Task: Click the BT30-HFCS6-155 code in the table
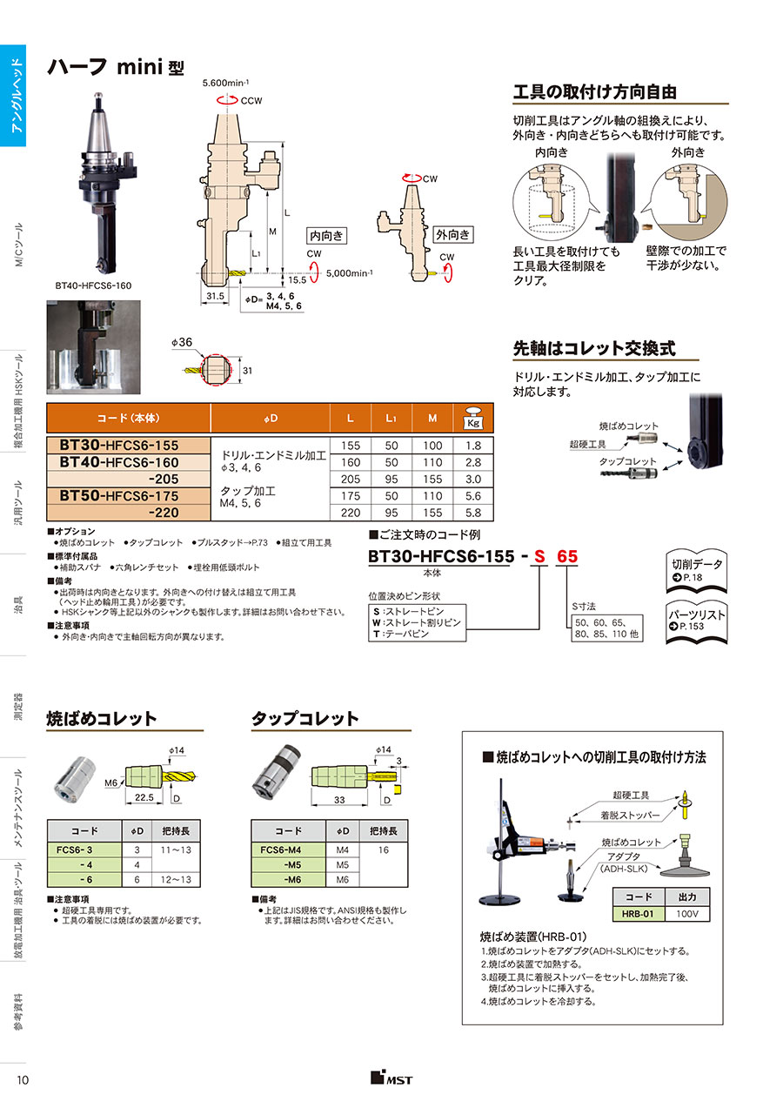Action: coord(118,445)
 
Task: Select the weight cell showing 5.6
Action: coord(473,495)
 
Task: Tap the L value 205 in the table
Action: coord(351,479)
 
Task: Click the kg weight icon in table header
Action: coord(473,418)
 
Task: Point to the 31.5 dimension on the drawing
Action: coord(215,296)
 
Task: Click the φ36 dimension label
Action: coord(182,342)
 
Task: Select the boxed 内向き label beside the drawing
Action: coord(326,236)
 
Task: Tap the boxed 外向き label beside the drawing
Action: coord(452,234)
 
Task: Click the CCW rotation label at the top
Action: coord(251,101)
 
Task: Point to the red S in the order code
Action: coord(539,556)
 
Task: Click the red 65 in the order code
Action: coord(567,556)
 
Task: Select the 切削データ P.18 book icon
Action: coord(697,571)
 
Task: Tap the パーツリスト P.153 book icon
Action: coord(697,621)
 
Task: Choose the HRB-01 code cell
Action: coord(638,914)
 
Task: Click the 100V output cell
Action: coord(687,914)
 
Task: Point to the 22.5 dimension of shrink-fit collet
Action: coord(144,797)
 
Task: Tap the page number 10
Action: coord(23,1080)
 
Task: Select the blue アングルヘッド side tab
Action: coord(13,96)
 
